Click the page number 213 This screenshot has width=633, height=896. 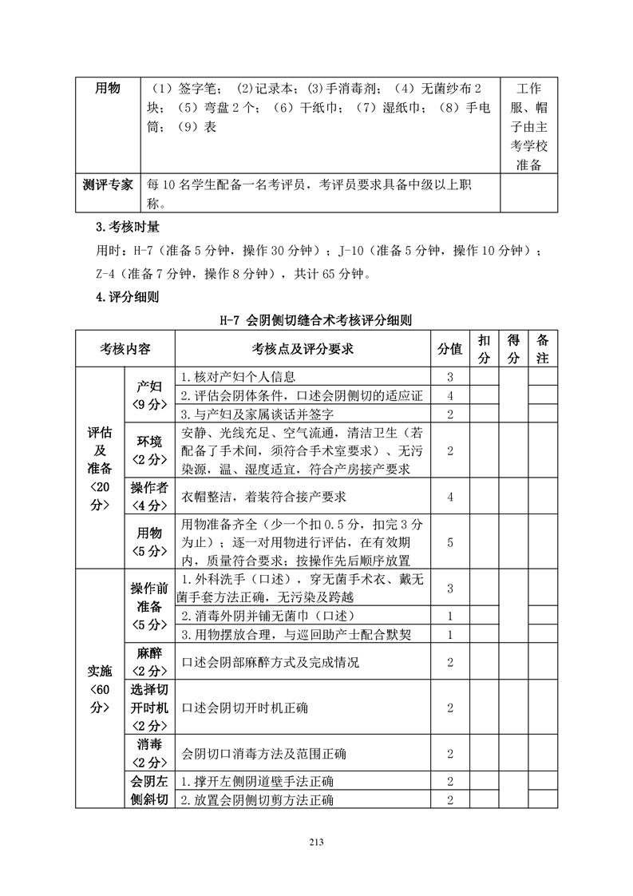[x=316, y=841]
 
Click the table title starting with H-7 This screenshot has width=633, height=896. [x=316, y=319]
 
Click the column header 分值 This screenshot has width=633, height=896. [x=449, y=349]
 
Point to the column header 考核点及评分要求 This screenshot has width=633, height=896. [x=303, y=349]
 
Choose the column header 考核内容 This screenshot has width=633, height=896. [x=125, y=349]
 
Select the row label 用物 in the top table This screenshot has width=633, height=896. [x=109, y=88]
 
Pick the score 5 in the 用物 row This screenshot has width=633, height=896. [x=450, y=542]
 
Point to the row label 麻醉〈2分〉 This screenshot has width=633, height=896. [x=149, y=662]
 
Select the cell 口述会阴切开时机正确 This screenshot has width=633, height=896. [x=246, y=708]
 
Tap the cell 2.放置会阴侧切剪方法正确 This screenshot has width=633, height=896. [x=257, y=799]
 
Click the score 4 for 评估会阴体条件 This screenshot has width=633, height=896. [x=450, y=395]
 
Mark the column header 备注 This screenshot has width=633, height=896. [x=543, y=349]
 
